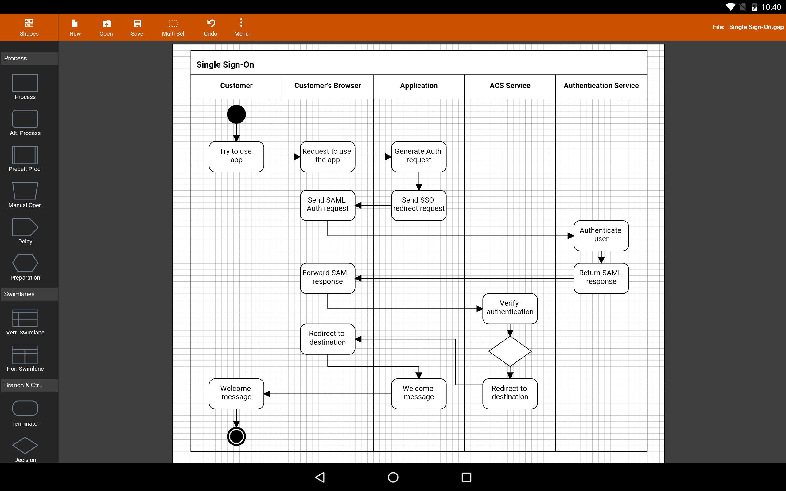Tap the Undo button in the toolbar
pos(210,27)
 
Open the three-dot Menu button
pos(241,27)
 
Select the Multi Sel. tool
pos(173,27)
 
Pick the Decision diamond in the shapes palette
pos(25,445)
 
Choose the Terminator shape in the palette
pos(25,408)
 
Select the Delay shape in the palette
pos(25,227)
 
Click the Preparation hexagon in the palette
pos(25,263)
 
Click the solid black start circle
pos(236,114)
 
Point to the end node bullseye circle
pos(236,436)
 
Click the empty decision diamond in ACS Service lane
pos(510,351)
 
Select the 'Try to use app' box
pos(236,157)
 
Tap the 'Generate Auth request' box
pos(419,157)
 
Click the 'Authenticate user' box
pos(601,236)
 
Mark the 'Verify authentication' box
pos(510,309)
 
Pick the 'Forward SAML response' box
pos(327,278)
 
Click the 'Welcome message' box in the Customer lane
pos(236,394)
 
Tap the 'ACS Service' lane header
pos(510,86)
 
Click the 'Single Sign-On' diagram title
pos(225,65)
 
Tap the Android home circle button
pos(393,477)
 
